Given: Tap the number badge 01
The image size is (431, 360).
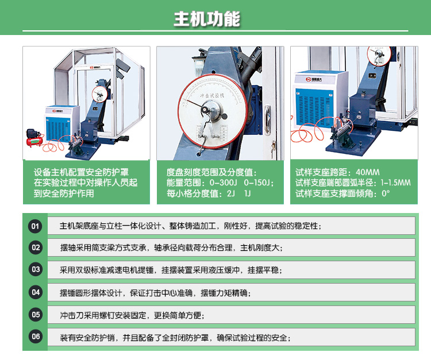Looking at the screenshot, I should (x=36, y=226).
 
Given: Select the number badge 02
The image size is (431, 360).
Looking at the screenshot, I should (x=36, y=247).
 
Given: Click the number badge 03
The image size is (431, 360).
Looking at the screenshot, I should (x=36, y=269).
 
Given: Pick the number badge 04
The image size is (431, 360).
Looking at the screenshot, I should (x=36, y=292).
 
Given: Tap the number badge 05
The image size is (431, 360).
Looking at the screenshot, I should (x=36, y=314).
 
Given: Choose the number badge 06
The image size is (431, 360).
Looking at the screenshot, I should (x=36, y=336).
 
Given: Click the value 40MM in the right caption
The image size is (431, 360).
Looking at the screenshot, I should (x=368, y=172).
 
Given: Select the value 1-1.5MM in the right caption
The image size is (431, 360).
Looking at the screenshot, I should (x=396, y=183).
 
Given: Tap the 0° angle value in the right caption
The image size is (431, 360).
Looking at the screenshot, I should (x=386, y=194).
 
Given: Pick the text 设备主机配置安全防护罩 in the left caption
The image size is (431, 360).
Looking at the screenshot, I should (x=81, y=172).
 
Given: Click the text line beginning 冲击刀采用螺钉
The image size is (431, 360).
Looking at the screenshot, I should (x=132, y=315).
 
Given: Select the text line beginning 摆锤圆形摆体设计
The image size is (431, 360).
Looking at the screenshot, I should (x=155, y=292).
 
